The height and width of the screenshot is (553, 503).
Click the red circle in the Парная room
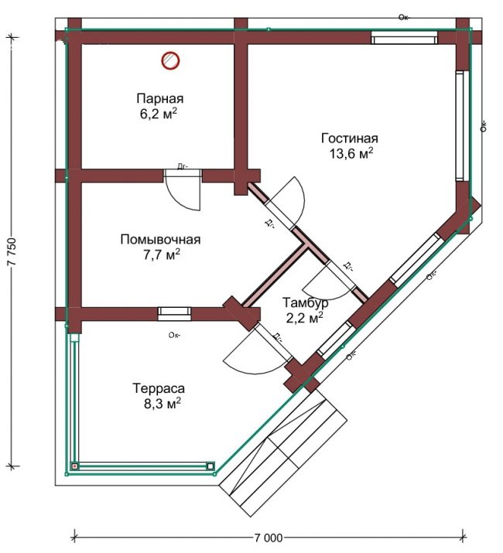[170, 60]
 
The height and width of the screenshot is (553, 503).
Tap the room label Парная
[160, 98]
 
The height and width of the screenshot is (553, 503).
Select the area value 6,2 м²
[159, 114]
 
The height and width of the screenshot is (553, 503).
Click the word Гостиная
[350, 138]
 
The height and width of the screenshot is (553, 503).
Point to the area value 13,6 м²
[351, 153]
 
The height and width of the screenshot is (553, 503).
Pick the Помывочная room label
[160, 240]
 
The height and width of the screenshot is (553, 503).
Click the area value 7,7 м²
[161, 254]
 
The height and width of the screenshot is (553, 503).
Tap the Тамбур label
[306, 302]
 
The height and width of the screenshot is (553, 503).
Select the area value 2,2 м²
[304, 318]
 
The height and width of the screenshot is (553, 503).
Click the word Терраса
[159, 388]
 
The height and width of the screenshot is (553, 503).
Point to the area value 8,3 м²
[162, 404]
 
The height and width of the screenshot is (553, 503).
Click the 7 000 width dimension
[269, 538]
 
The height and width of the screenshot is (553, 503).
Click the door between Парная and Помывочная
[183, 190]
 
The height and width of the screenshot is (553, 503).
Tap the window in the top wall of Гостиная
[404, 38]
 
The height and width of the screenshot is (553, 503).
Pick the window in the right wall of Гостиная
[459, 126]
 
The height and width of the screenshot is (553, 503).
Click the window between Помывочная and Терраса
[174, 313]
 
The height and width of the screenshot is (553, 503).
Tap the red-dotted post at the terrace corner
[74, 466]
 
